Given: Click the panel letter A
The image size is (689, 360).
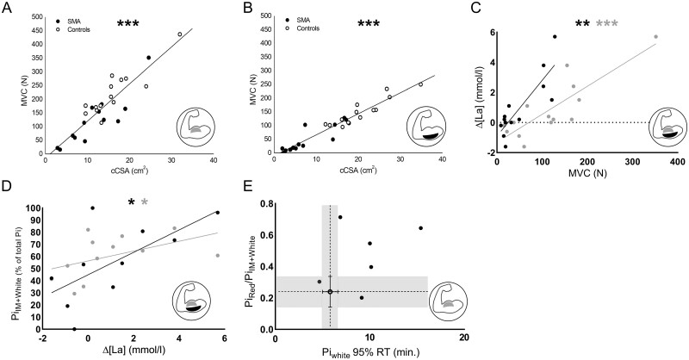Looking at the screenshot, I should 6,7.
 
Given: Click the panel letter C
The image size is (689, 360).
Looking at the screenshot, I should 474,7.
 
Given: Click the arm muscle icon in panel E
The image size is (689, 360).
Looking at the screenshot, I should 448,298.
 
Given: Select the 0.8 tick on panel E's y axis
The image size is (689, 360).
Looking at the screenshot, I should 263,205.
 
